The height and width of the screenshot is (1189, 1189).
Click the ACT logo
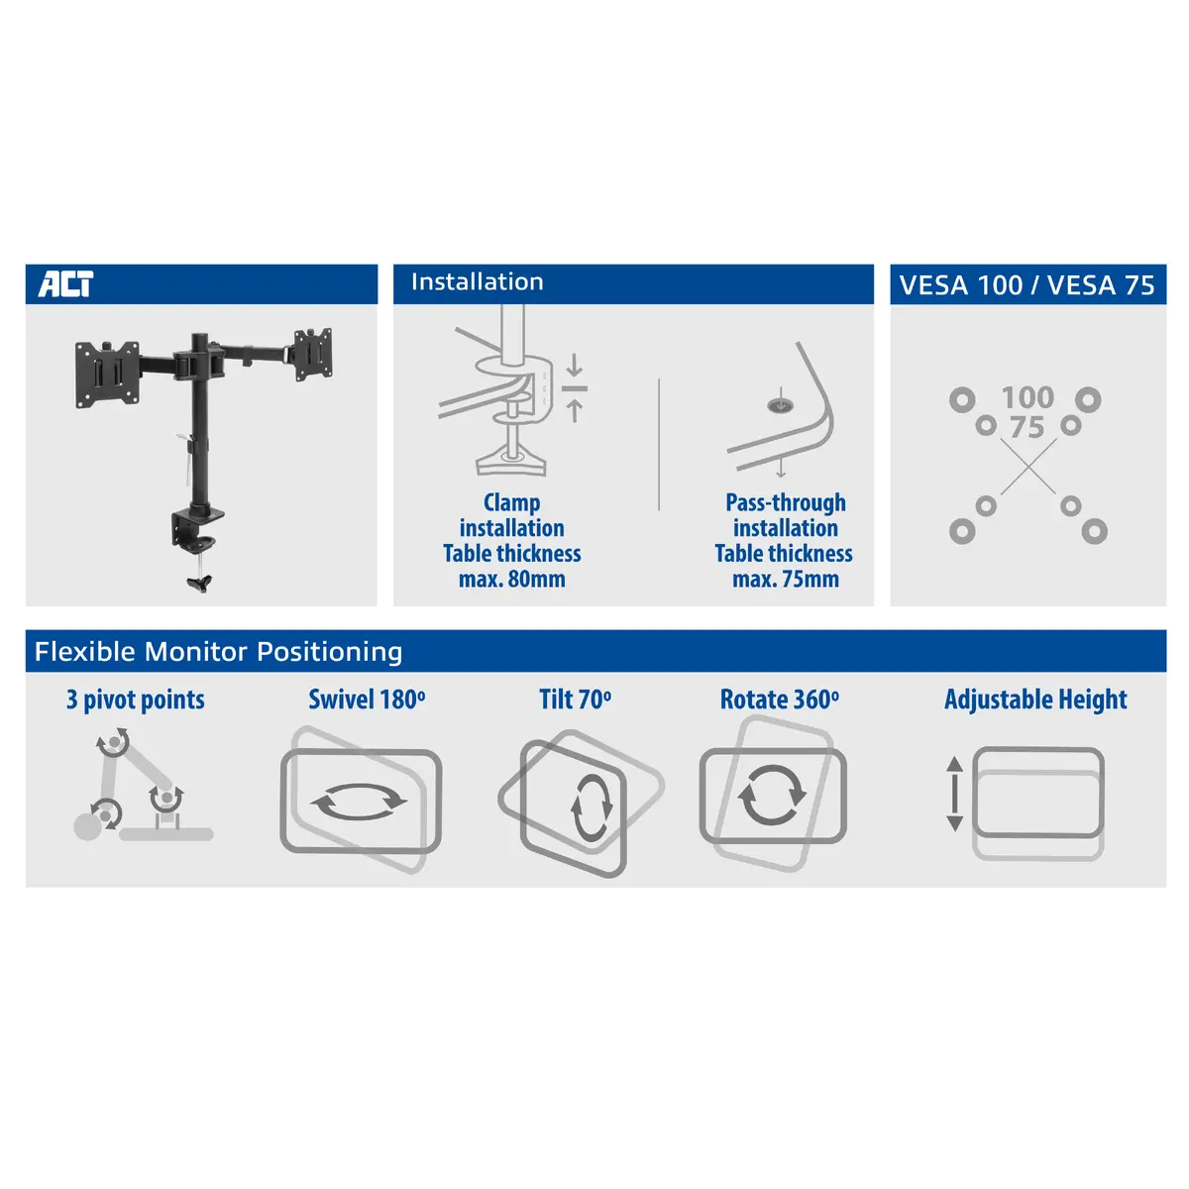[65, 283]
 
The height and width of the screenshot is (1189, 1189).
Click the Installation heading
[477, 282]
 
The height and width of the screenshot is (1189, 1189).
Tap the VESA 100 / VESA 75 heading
[1027, 285]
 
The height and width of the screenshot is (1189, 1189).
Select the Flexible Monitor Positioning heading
[218, 652]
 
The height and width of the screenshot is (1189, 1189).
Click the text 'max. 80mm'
[511, 580]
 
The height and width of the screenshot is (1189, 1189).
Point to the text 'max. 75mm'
[785, 580]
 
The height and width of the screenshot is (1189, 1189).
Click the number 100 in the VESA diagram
[1027, 398]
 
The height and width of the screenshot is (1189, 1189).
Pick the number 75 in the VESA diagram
[1027, 428]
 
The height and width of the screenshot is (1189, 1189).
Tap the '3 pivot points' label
[136, 700]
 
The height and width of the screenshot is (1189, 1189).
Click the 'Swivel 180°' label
[367, 700]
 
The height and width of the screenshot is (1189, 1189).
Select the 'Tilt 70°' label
[575, 700]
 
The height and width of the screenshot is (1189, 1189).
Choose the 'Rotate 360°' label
[779, 700]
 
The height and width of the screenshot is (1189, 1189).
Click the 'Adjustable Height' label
[1035, 700]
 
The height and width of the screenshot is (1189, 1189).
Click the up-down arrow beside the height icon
[954, 794]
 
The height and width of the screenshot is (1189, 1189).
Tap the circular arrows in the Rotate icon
[772, 795]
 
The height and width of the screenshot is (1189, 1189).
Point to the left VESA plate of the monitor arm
[107, 374]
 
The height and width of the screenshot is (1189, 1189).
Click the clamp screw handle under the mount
[199, 581]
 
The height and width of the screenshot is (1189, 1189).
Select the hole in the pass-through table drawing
[780, 405]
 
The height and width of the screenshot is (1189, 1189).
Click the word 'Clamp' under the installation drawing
[511, 503]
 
